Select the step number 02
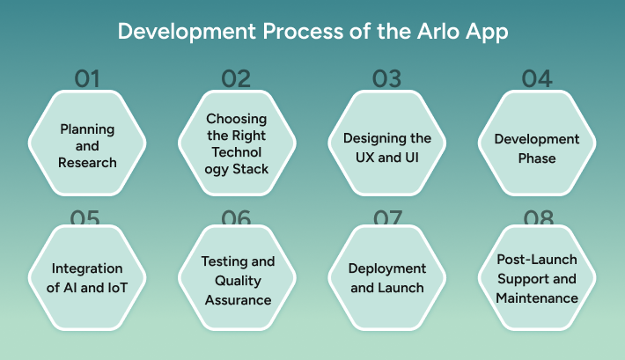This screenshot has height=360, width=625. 236,78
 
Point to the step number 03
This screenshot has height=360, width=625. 387,78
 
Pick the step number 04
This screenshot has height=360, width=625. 537,78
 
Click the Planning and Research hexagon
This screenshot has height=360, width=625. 87,145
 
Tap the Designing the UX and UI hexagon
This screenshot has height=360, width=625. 386,146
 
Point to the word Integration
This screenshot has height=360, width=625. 87,268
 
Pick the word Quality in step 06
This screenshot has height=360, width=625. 238,281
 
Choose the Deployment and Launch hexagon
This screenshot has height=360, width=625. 386,277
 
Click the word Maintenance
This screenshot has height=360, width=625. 537,298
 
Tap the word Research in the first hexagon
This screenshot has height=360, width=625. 87,163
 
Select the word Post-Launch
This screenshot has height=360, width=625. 537,260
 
